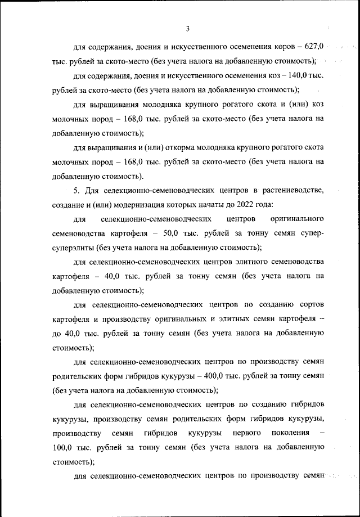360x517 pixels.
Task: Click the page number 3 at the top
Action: click(x=188, y=29)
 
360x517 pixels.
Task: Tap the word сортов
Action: click(x=310, y=305)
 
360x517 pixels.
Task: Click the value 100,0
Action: click(x=65, y=448)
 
